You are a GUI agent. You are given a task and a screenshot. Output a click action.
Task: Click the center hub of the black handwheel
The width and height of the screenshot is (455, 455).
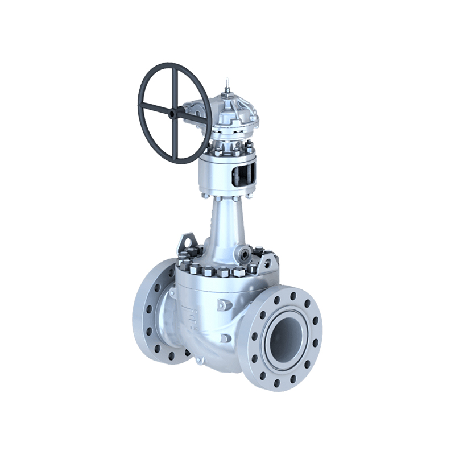point(175,111)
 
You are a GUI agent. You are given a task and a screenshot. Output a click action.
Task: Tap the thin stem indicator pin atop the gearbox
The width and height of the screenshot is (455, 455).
point(227,85)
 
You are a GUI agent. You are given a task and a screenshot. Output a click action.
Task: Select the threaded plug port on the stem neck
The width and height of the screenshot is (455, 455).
point(246,254)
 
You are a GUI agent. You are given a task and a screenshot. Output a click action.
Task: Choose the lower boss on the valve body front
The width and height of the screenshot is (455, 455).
point(225,338)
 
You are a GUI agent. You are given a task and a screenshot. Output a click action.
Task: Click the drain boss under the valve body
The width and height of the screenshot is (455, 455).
point(198,360)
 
